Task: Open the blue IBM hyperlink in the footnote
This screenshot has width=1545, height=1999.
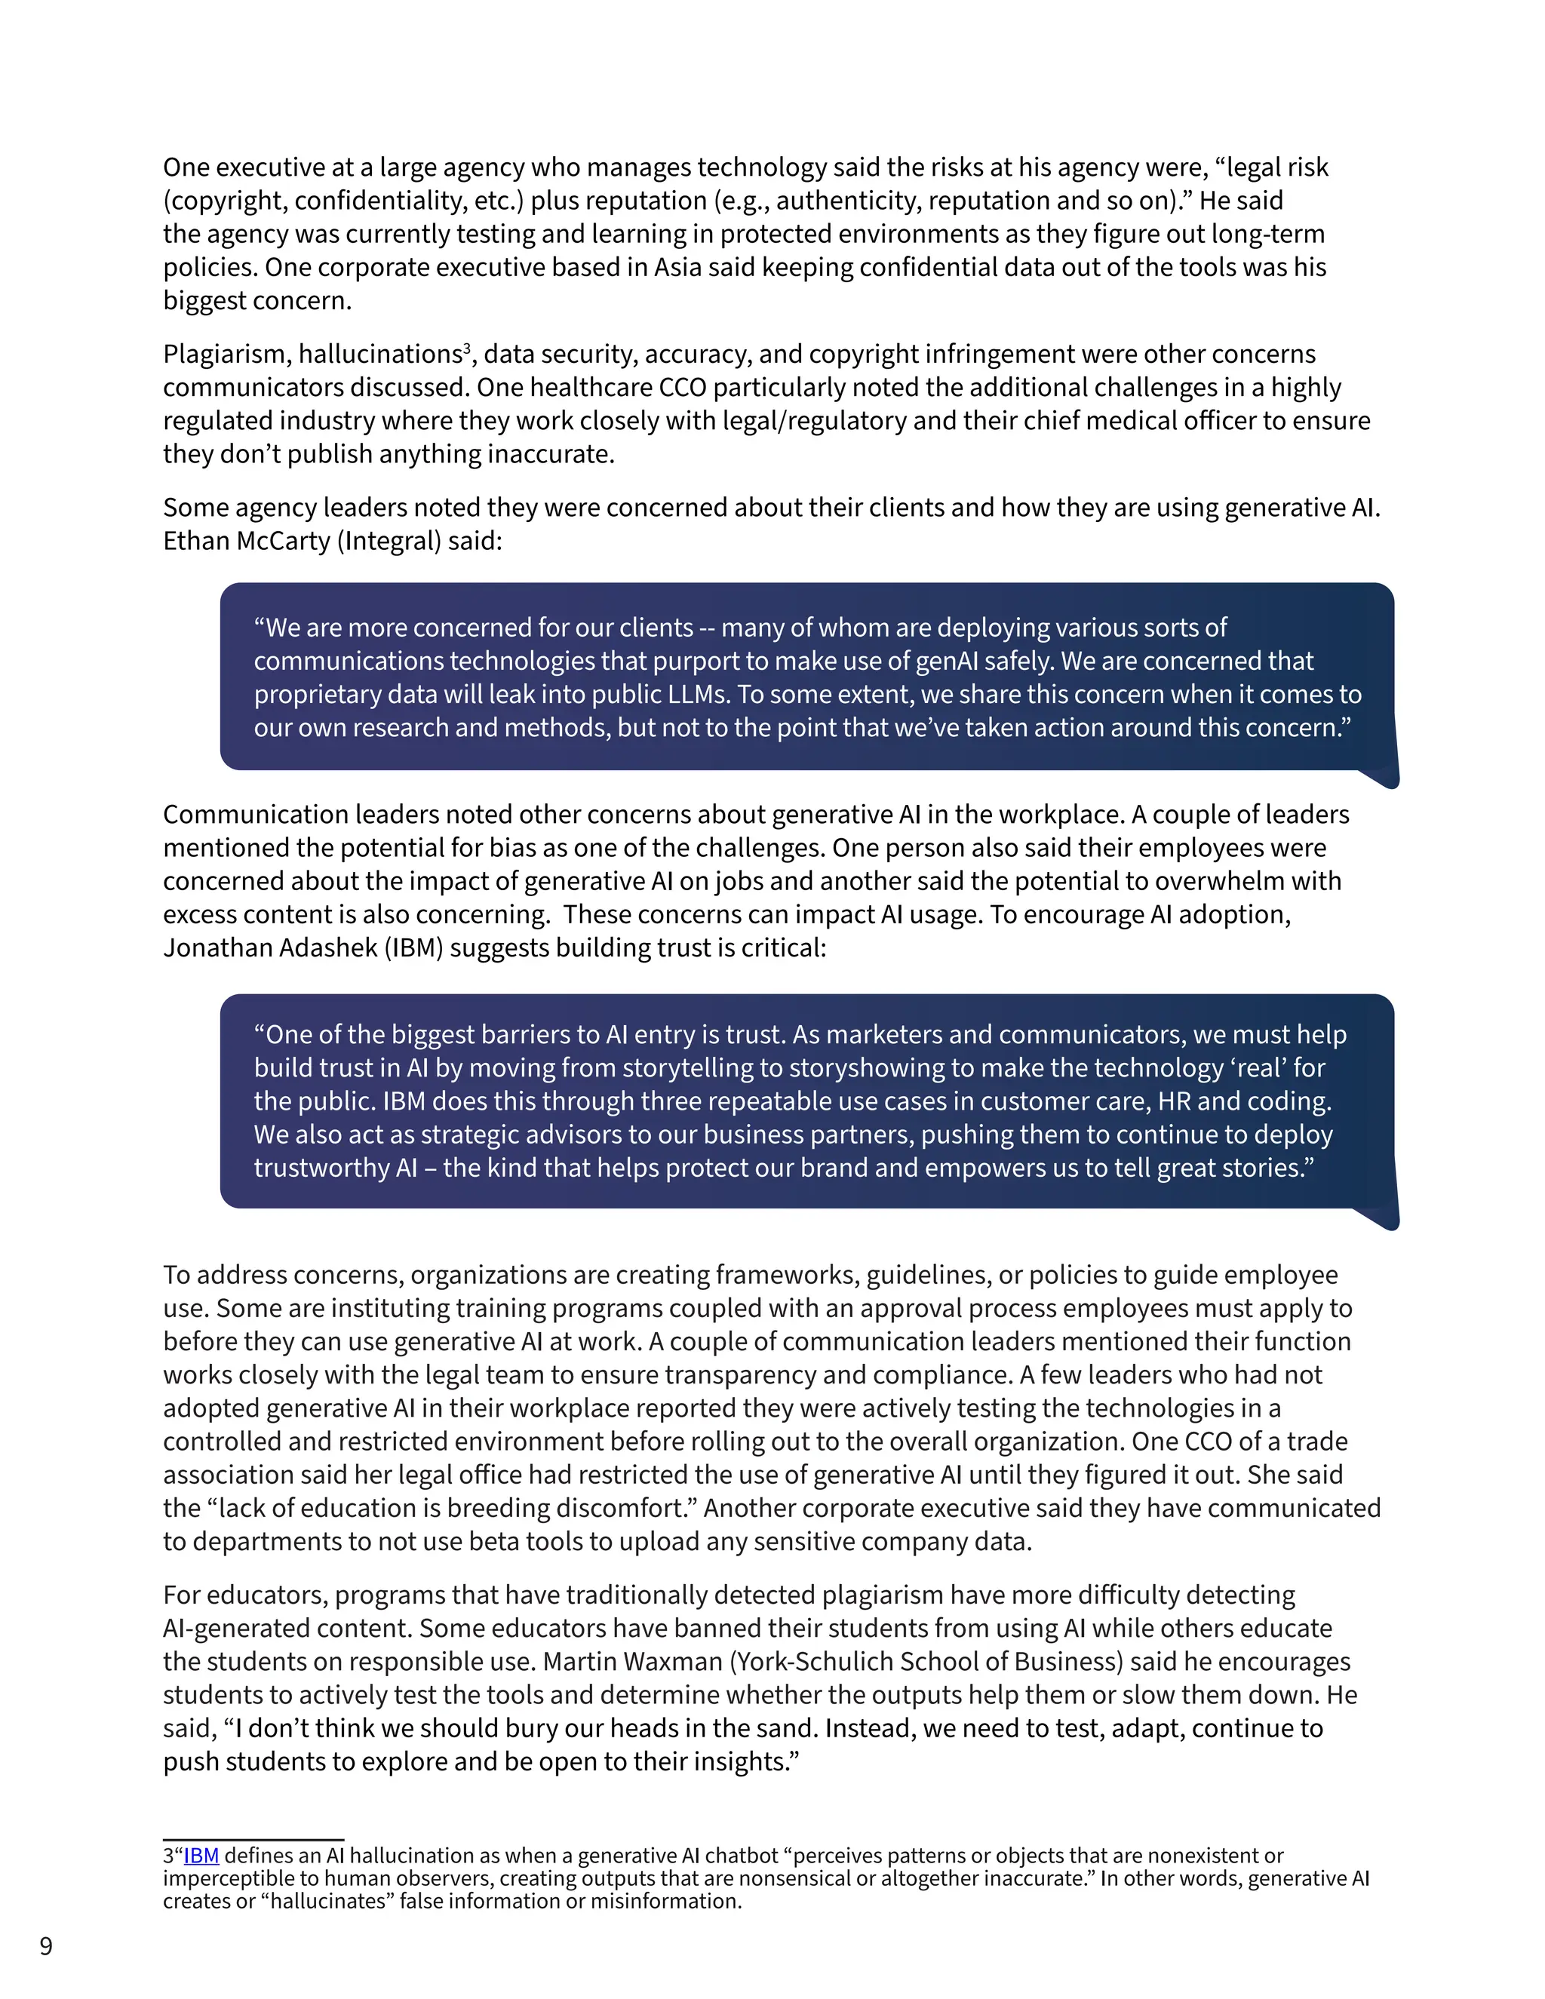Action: click(201, 1856)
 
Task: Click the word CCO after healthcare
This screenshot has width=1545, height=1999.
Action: click(682, 388)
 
